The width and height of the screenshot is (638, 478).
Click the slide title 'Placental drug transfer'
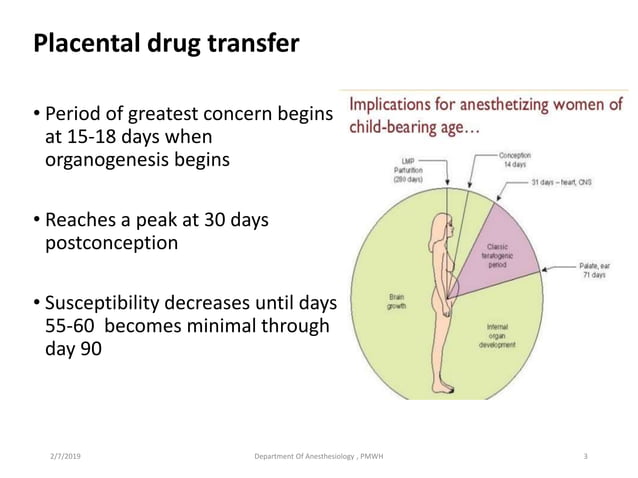(166, 45)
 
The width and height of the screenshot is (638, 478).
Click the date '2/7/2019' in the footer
(67, 456)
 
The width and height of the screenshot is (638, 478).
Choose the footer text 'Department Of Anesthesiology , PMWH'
(320, 456)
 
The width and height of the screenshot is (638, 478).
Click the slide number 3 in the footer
(586, 456)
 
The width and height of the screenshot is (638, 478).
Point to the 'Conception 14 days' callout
(515, 160)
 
